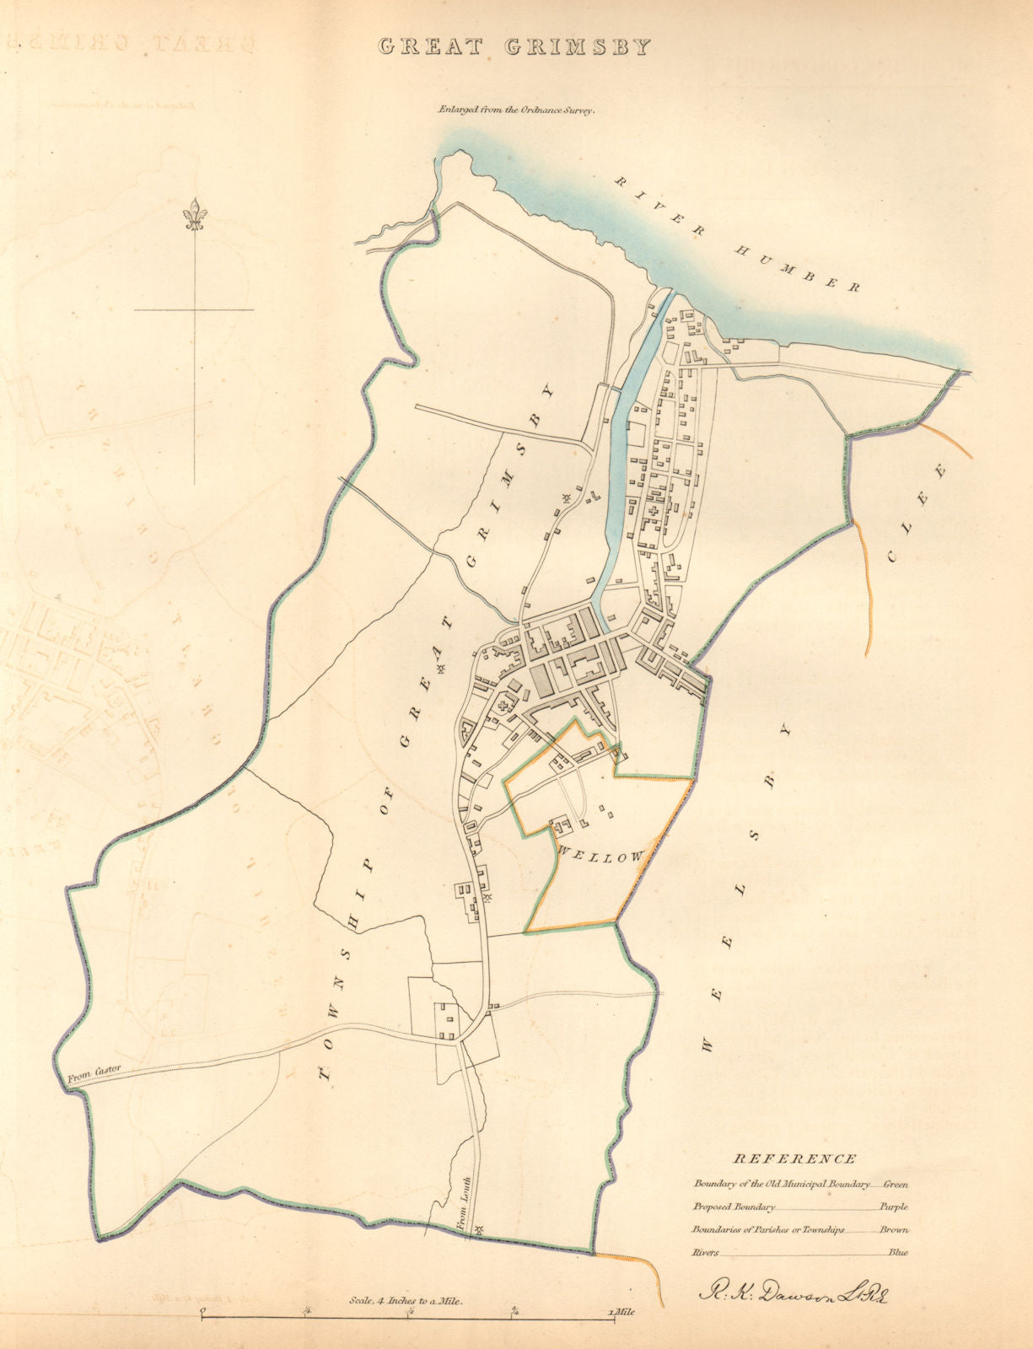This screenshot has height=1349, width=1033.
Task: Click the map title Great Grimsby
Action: [x=515, y=46]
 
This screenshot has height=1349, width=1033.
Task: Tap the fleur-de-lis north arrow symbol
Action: [x=196, y=214]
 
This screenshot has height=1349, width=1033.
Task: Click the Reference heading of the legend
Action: [x=796, y=1159]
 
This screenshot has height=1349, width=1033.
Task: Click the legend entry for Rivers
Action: [x=706, y=1253]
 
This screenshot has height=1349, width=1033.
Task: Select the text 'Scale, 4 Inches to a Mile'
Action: [x=406, y=1300]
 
